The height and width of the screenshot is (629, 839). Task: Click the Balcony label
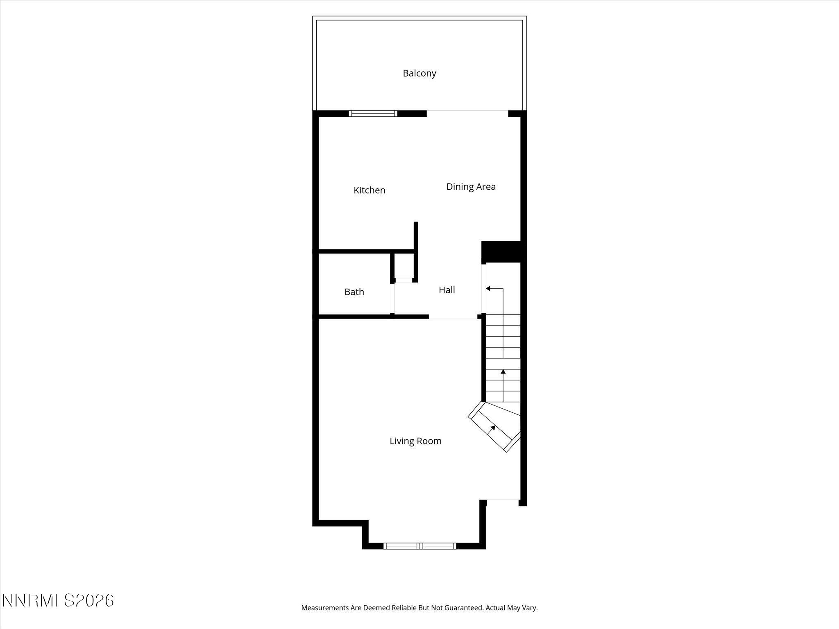[x=419, y=73]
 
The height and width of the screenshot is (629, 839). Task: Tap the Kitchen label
[x=369, y=190]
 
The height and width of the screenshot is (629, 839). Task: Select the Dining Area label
[x=471, y=187]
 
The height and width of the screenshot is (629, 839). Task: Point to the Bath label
[x=354, y=292]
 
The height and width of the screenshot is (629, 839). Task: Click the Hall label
[x=447, y=290]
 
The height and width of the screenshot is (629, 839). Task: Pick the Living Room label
[x=415, y=441]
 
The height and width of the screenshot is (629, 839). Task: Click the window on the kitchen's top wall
[x=373, y=113]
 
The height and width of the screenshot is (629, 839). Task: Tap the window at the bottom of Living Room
[x=419, y=545]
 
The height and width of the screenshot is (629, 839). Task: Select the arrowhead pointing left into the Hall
[x=488, y=289]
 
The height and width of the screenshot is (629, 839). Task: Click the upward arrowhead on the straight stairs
[x=503, y=372]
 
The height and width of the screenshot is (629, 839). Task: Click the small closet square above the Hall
[x=404, y=267]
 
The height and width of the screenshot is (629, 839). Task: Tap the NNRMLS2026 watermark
[x=58, y=600]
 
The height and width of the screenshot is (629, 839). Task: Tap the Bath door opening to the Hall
[x=392, y=298]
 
